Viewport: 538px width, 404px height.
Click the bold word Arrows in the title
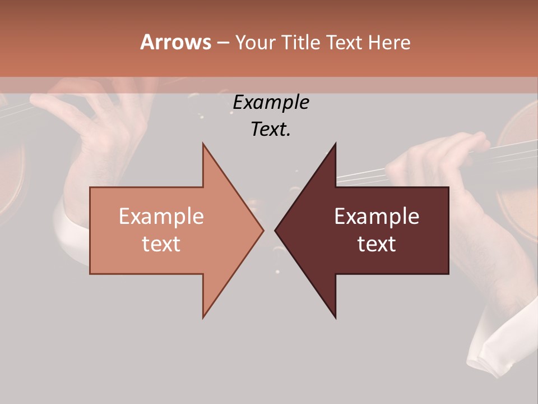(x=175, y=42)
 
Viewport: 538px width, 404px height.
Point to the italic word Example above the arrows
(x=271, y=102)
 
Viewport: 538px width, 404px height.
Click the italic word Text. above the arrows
(x=271, y=129)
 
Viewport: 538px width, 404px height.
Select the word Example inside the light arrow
(x=161, y=217)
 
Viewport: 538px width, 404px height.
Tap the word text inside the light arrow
(x=161, y=244)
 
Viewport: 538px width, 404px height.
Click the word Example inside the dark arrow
(x=377, y=217)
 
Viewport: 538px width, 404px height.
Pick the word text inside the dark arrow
(x=377, y=244)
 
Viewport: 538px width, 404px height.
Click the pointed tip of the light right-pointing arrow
(x=263, y=230)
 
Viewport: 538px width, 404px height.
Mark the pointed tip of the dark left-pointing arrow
(x=275, y=230)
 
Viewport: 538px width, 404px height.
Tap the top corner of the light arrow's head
(x=203, y=144)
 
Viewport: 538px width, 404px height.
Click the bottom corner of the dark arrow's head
(x=335, y=318)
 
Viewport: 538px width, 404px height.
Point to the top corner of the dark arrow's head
(x=335, y=144)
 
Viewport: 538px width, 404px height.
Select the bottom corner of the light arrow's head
(x=203, y=318)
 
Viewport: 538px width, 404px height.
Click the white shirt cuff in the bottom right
(x=499, y=348)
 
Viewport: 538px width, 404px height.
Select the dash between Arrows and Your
(x=222, y=43)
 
